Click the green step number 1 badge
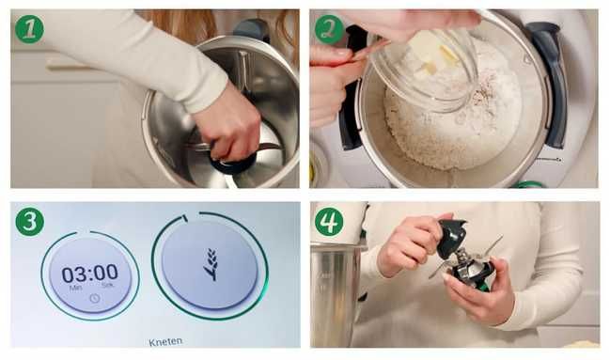point(29,29)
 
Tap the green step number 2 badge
point(330,29)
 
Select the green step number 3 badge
point(30,222)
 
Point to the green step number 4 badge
point(329,222)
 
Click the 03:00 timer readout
point(90,274)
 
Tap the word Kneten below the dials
point(165,342)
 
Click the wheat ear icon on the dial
point(211,265)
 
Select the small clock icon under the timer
point(95,299)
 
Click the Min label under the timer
point(75,288)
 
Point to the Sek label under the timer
point(107,286)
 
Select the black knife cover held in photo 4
point(452,238)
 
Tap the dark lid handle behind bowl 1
point(251,30)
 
